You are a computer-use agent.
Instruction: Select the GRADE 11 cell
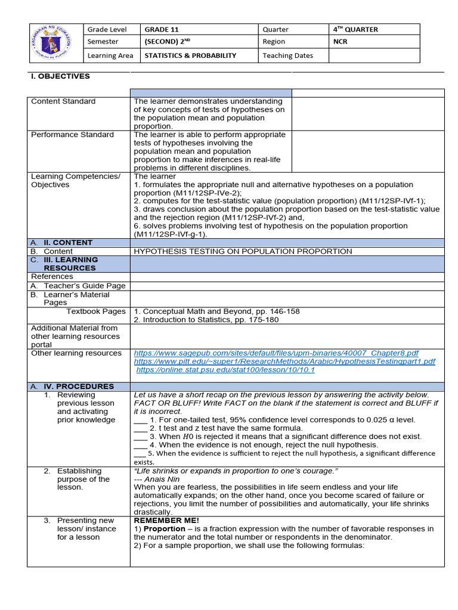point(162,29)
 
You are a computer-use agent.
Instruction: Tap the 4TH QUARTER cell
point(356,29)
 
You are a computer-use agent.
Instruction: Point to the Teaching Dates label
point(287,55)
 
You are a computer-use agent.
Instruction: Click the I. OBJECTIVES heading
point(60,76)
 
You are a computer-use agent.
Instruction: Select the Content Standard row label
point(63,101)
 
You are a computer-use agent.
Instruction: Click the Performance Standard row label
point(72,135)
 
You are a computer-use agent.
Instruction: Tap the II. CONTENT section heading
point(68,242)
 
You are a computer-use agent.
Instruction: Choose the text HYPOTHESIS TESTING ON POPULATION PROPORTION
point(243,251)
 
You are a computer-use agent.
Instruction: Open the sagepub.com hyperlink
point(276,353)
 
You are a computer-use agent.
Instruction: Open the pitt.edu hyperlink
point(284,362)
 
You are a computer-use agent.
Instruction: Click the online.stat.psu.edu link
point(225,370)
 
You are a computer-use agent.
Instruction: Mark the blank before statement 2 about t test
point(140,428)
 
